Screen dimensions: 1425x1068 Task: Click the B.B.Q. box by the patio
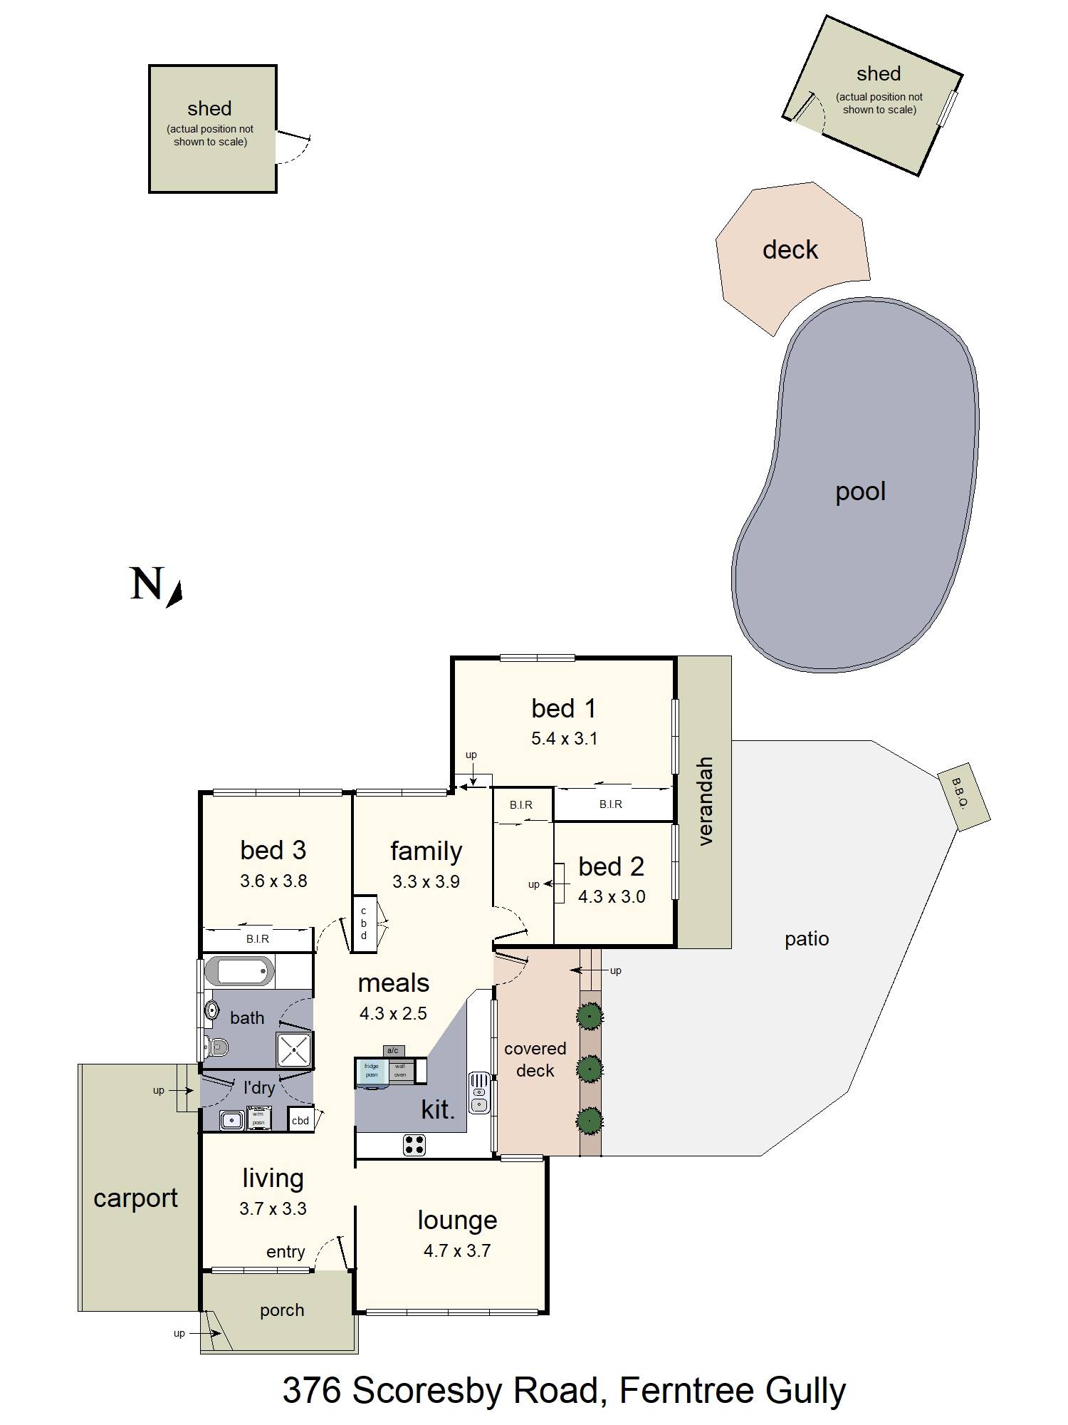[963, 800]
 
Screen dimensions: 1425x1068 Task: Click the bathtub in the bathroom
[239, 971]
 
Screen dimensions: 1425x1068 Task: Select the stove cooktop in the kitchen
[414, 1145]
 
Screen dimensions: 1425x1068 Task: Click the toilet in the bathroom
[216, 1047]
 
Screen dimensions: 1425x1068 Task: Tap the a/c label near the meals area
[393, 1050]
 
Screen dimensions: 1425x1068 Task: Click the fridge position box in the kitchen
[372, 1071]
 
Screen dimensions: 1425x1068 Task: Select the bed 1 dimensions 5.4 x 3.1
[564, 739]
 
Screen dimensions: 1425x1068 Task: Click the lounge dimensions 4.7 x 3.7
[456, 1251]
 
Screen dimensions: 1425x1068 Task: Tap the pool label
[860, 492]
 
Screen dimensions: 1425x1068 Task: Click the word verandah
[705, 802]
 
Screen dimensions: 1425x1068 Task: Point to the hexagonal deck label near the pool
[790, 250]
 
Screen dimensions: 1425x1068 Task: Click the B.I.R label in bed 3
[258, 939]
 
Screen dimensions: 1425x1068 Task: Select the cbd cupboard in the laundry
[300, 1120]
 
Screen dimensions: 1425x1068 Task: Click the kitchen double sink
[479, 1094]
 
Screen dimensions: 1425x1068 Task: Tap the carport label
[135, 1198]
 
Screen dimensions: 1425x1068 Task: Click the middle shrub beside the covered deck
[590, 1069]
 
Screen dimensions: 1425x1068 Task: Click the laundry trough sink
[232, 1120]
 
